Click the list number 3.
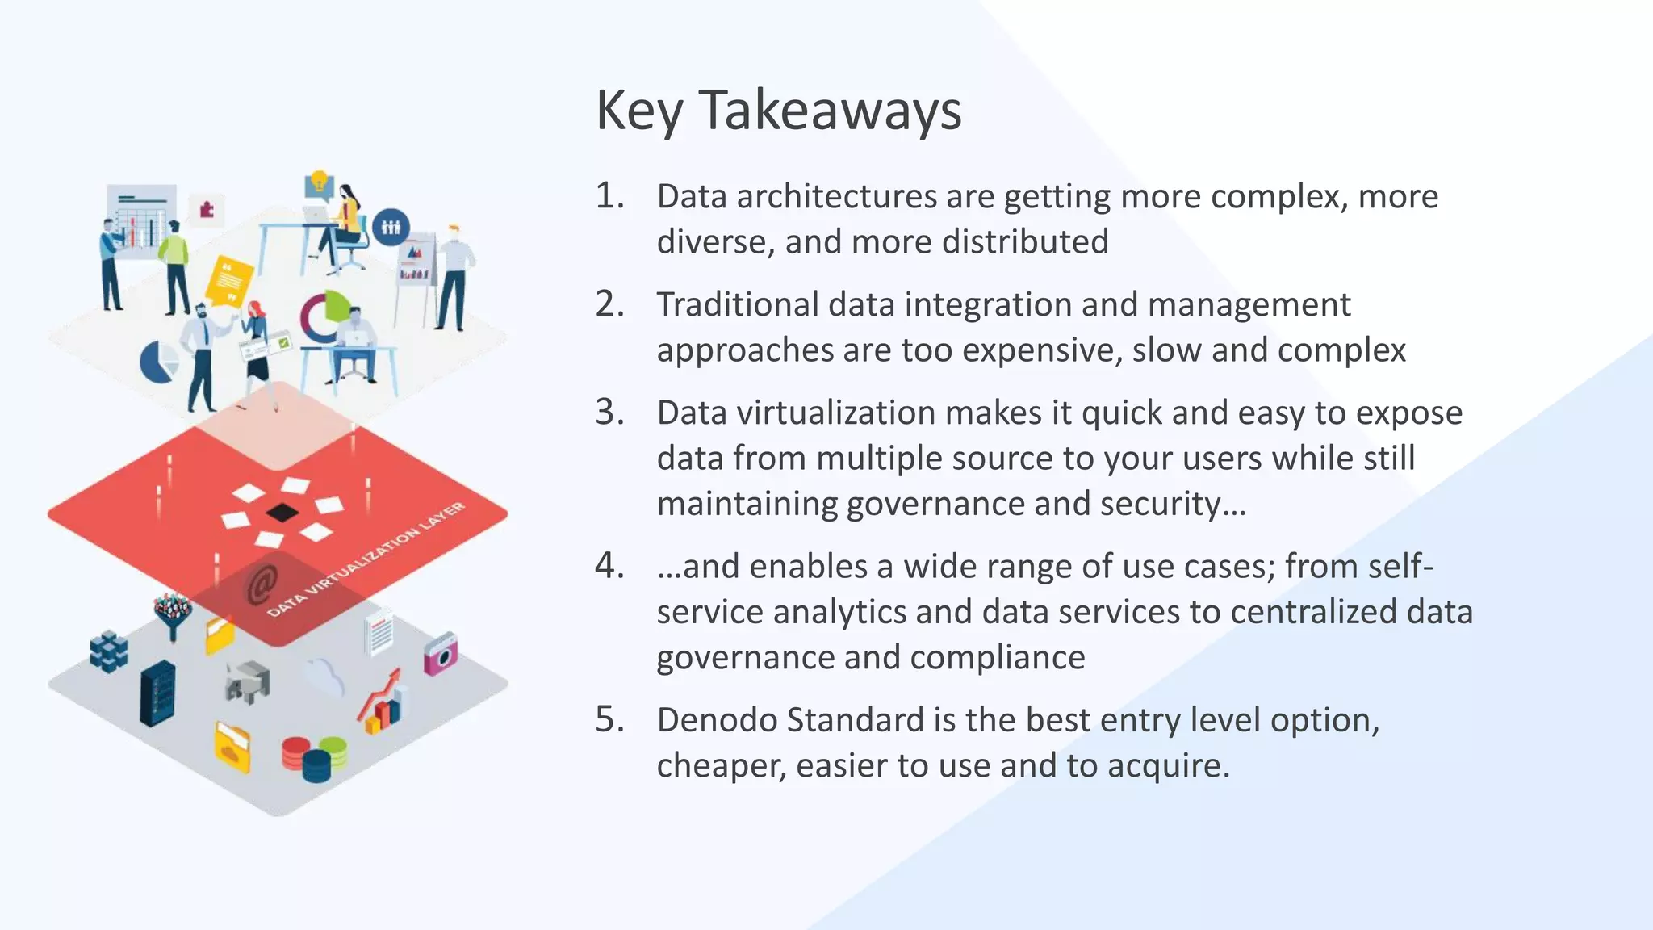point(609,413)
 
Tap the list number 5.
point(609,719)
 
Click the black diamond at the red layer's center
point(282,512)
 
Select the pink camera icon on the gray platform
point(441,654)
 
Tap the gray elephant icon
point(248,682)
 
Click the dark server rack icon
point(157,693)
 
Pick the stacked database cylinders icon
point(314,759)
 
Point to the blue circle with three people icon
point(391,227)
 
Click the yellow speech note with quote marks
point(228,281)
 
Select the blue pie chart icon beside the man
point(158,361)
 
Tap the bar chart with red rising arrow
point(383,702)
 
